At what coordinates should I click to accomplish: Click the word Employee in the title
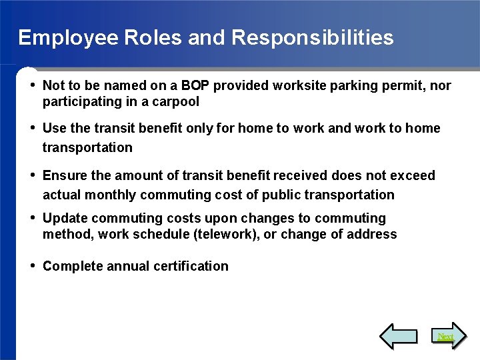[59, 38]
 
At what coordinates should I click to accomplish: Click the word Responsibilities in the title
[313, 38]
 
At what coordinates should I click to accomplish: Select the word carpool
[175, 102]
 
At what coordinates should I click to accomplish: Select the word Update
[65, 219]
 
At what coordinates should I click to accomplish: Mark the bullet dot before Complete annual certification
[33, 265]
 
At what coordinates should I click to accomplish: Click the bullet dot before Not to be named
[33, 85]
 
